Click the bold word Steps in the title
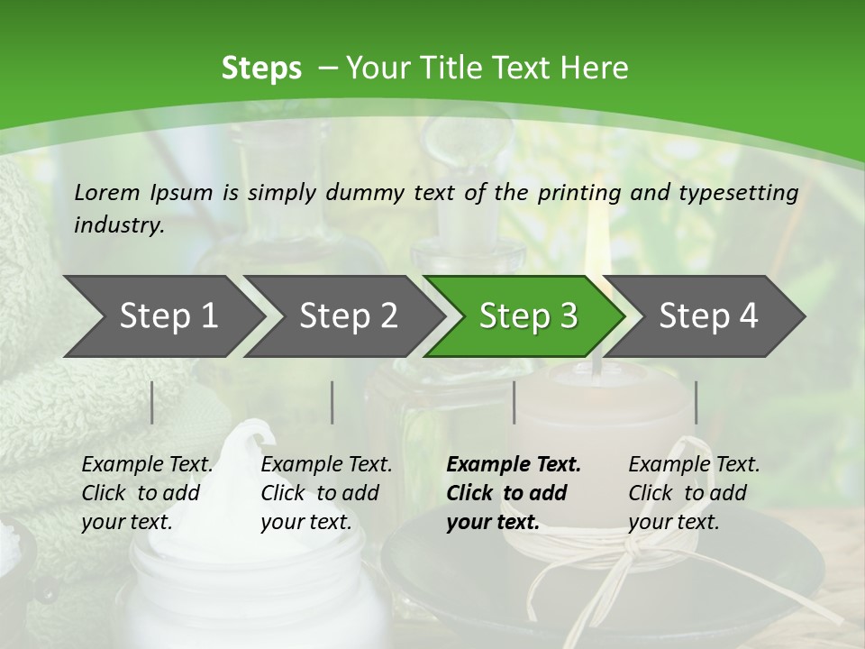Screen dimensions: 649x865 click(x=261, y=69)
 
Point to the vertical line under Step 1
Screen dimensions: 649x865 click(x=152, y=402)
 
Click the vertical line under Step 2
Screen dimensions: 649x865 click(x=332, y=402)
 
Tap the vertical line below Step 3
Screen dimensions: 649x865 click(x=514, y=402)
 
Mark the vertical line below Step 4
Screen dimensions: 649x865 click(x=696, y=402)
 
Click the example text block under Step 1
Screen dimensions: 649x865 click(x=147, y=493)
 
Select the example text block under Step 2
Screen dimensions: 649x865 click(x=326, y=493)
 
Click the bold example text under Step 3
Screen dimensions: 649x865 click(x=514, y=493)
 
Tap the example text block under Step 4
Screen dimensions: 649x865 click(x=694, y=493)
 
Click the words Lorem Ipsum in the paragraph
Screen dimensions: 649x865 click(x=143, y=192)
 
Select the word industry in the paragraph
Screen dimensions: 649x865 click(x=118, y=225)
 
